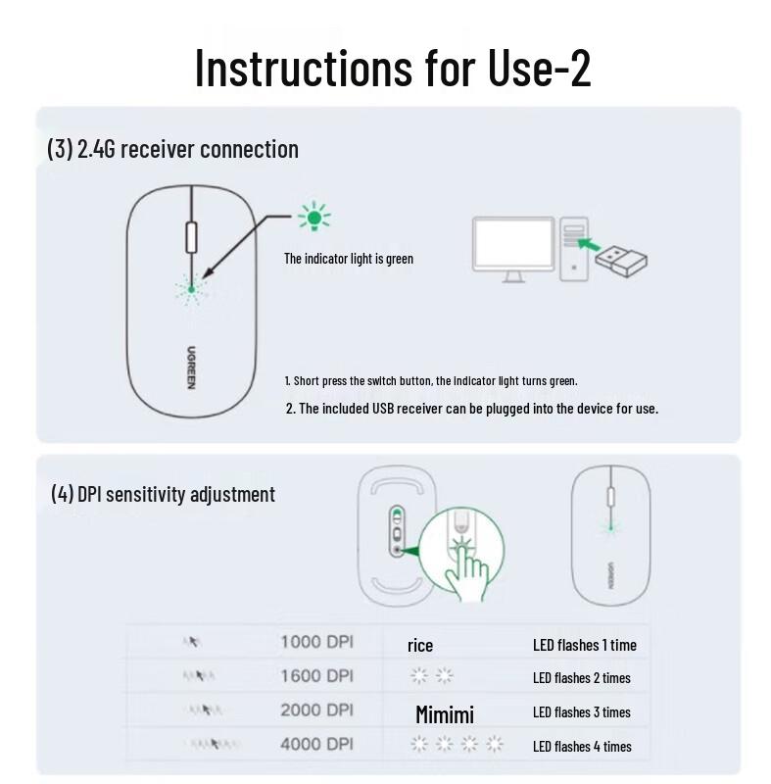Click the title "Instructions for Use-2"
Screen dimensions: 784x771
(392, 67)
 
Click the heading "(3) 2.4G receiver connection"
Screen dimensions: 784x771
(172, 149)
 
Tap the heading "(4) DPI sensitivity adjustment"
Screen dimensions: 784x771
(163, 494)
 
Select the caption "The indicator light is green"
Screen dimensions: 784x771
(349, 259)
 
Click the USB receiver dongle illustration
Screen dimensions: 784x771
(622, 259)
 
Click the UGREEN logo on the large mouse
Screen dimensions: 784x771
(191, 367)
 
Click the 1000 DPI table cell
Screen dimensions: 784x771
(316, 643)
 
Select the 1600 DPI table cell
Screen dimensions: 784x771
(316, 676)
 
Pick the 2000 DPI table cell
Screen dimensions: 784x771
(316, 710)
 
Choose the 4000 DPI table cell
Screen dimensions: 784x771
(316, 744)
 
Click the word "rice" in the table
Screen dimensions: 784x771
(420, 645)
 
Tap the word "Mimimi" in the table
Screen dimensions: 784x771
(444, 713)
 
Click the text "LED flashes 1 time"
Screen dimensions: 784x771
(584, 645)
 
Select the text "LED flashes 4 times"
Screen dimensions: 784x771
(582, 746)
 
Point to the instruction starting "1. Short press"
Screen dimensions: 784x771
(431, 379)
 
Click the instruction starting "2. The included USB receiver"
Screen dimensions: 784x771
(471, 408)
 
